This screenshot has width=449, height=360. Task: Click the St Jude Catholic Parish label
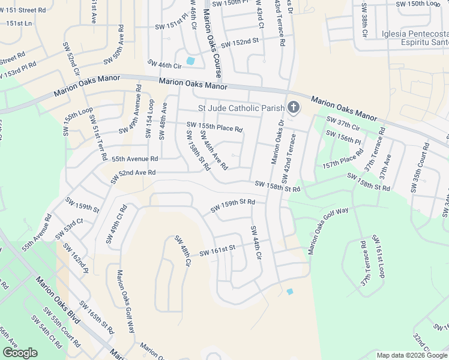tap(240, 108)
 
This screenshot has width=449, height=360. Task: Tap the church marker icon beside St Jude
tap(293, 107)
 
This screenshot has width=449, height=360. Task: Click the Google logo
tap(20, 353)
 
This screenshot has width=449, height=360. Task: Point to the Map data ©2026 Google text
tap(412, 355)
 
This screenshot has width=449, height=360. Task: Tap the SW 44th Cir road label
tap(256, 242)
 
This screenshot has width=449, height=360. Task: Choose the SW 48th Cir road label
tap(182, 251)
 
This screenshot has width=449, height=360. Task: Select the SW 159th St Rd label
tap(233, 205)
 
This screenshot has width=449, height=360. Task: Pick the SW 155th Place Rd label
tap(214, 127)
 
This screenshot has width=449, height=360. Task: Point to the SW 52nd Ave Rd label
tap(133, 176)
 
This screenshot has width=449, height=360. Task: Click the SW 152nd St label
tap(239, 43)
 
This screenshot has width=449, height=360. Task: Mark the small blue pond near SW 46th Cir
tap(191, 61)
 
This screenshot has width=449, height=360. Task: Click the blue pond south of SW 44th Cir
tap(290, 292)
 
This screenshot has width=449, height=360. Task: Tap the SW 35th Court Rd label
tap(420, 168)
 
